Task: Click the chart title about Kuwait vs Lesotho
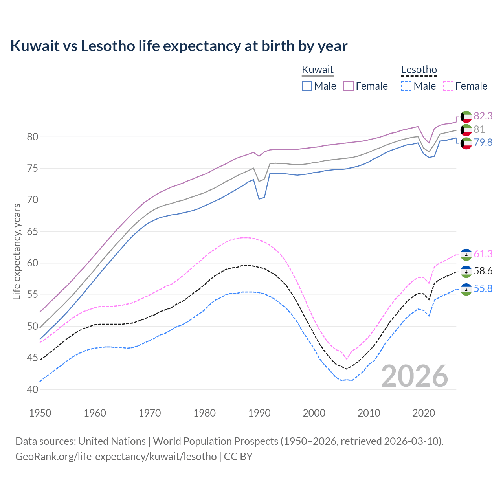coord(179,46)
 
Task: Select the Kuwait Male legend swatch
coord(307,86)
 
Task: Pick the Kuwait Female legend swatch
coord(349,86)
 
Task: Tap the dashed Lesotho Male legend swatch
coord(406,86)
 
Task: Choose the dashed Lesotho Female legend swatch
coord(448,86)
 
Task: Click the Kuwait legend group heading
coord(318,70)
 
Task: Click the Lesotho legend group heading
coord(419,70)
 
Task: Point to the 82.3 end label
coord(483,116)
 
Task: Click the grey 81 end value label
coord(479,129)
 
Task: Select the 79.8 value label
coord(483,142)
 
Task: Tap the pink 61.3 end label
coord(483,254)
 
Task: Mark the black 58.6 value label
coord(483,271)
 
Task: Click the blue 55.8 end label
coord(483,289)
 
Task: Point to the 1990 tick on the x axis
coord(259,413)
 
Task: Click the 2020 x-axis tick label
coord(424,413)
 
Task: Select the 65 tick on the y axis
coord(32,231)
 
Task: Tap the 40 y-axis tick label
coord(32,389)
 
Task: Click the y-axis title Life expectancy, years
coord(17,251)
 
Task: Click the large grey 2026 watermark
coord(415,376)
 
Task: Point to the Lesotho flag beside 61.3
coord(466,255)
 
